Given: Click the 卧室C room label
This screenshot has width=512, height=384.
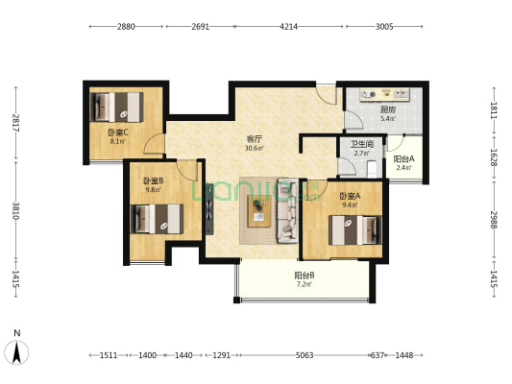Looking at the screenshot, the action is (x=118, y=132).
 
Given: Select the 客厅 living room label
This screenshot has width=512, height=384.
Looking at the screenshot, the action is (x=254, y=139).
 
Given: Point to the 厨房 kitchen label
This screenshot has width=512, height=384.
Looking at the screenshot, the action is (x=388, y=110).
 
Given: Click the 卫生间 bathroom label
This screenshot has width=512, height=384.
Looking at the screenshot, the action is (x=362, y=144).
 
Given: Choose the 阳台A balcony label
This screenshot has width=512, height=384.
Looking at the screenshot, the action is (x=403, y=159).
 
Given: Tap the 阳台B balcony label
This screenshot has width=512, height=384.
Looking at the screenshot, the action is (x=305, y=276).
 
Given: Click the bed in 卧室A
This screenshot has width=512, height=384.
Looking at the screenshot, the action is (x=354, y=230).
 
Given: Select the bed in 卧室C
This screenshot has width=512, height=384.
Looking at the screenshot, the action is (x=116, y=107).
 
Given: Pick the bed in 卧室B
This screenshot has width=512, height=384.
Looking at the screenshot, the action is (x=157, y=219).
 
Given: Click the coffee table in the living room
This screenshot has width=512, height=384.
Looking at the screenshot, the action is (x=259, y=211).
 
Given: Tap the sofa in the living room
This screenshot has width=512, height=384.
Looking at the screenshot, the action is (x=287, y=211).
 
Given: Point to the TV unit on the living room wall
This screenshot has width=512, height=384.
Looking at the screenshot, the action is (x=209, y=209).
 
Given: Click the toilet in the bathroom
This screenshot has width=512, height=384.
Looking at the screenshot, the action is (x=372, y=169).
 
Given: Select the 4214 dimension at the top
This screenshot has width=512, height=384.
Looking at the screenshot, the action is (x=288, y=27).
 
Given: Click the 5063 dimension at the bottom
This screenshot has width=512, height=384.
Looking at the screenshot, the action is (x=305, y=355).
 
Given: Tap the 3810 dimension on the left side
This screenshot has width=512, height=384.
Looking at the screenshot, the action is (x=15, y=211).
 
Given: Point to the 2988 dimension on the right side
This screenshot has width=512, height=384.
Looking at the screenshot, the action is (x=494, y=220).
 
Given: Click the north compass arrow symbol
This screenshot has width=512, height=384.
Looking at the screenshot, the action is (x=16, y=352).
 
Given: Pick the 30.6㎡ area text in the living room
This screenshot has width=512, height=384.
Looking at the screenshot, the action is (x=254, y=148).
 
